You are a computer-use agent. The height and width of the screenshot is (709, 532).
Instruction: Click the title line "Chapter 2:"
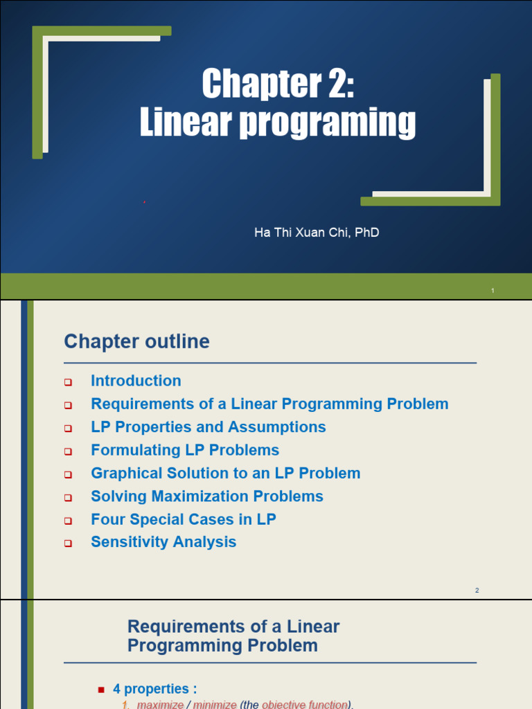(278, 84)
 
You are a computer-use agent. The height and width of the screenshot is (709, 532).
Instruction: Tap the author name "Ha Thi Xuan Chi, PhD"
(317, 233)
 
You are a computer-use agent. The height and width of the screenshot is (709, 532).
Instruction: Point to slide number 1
(493, 291)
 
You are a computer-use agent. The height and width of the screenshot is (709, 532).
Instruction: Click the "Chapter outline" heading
(136, 341)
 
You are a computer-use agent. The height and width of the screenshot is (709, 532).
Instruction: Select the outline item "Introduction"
(136, 381)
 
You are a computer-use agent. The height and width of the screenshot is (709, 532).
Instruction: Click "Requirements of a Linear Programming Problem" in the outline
(269, 404)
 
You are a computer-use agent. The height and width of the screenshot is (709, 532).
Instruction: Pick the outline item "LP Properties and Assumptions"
(208, 427)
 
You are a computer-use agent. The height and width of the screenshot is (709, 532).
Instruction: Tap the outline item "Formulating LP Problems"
(185, 450)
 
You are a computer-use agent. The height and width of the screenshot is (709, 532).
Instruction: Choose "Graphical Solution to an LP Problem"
(225, 474)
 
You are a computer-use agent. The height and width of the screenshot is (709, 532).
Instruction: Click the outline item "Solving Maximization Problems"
(206, 496)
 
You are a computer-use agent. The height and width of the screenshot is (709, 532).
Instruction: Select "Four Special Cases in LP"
(183, 519)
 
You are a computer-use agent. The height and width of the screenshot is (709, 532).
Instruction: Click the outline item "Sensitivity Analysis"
(163, 542)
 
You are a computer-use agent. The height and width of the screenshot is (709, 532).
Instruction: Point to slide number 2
(477, 591)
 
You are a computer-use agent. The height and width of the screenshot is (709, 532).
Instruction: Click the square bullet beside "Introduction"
(68, 382)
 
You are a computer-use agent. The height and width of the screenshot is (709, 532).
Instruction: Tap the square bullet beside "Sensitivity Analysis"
(68, 544)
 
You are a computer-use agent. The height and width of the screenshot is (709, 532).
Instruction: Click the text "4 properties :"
(155, 689)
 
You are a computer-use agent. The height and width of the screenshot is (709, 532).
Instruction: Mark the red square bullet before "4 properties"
(101, 690)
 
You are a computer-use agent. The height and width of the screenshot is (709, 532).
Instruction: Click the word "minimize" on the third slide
(214, 704)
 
